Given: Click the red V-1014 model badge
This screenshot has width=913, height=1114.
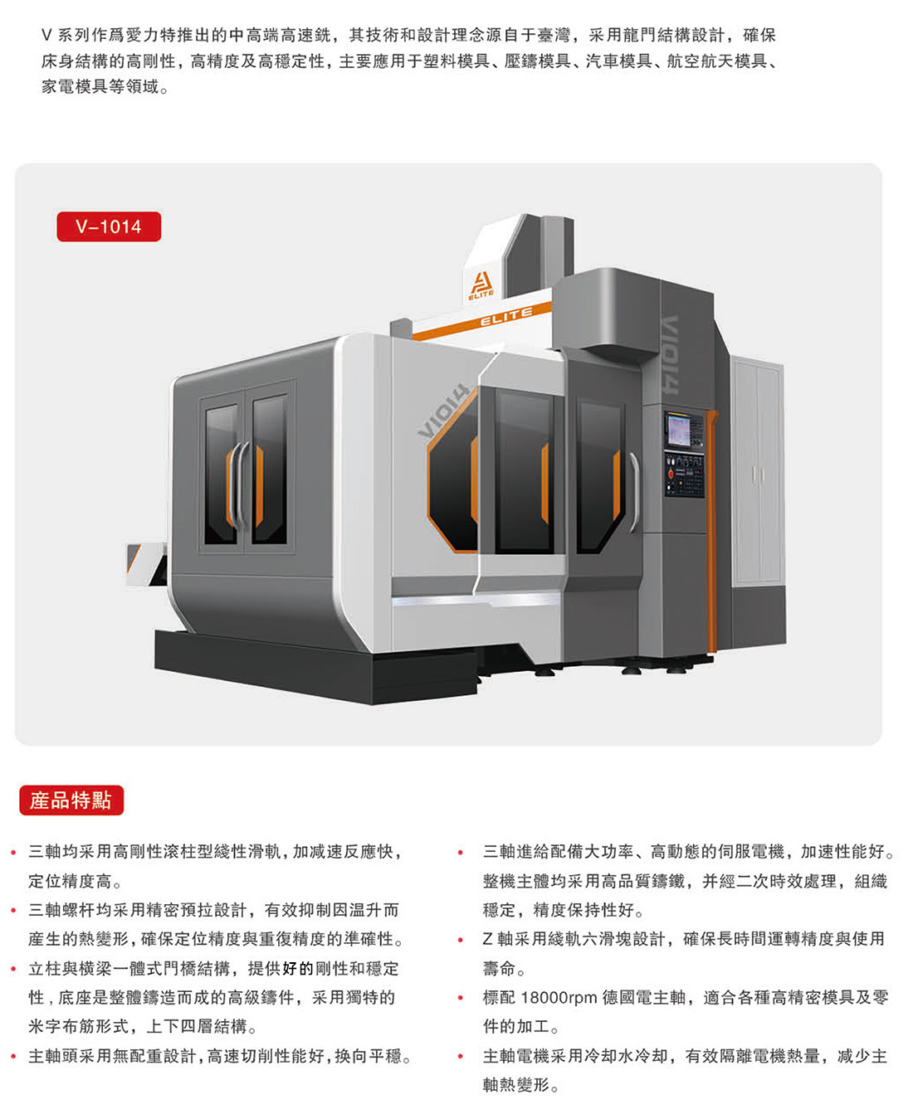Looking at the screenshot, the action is (x=109, y=226).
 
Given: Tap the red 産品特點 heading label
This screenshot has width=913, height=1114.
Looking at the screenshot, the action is (x=71, y=800).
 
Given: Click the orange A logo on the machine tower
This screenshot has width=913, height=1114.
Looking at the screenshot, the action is (x=481, y=286).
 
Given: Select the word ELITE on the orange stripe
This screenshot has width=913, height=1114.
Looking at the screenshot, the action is (x=506, y=316).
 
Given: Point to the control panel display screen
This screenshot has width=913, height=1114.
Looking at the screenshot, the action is (x=678, y=430).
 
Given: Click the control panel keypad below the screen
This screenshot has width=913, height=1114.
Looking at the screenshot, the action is (x=685, y=474).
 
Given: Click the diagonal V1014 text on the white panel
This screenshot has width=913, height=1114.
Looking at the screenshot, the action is (x=443, y=411).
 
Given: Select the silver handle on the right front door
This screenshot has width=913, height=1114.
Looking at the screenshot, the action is (x=634, y=492).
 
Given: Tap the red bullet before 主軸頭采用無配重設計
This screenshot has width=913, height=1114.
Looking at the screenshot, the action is (x=14, y=1057).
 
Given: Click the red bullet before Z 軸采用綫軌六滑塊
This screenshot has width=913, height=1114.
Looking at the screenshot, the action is (x=461, y=940).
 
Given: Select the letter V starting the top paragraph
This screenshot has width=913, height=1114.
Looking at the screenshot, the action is (x=46, y=35).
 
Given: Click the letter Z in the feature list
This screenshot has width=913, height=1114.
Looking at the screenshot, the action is (x=487, y=939).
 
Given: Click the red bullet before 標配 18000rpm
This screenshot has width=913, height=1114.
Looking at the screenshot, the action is (x=461, y=998).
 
